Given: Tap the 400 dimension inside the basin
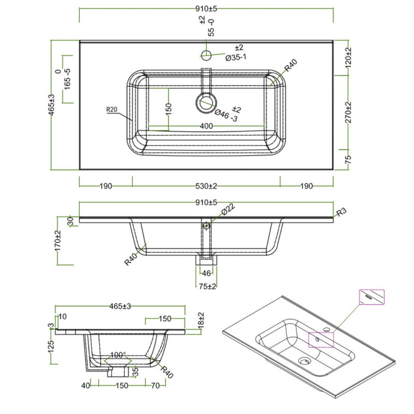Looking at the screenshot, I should pos(206,126).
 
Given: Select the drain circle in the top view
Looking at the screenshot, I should pos(205,101).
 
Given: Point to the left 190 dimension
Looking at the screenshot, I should pos(105,186).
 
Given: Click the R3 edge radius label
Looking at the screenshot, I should pos(341,212).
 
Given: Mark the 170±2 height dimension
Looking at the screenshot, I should pos(58,241).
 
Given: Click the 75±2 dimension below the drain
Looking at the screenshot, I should pos(206,287).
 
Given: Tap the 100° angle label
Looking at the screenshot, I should pos(118,355).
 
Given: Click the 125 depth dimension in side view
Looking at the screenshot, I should pos(52,347).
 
